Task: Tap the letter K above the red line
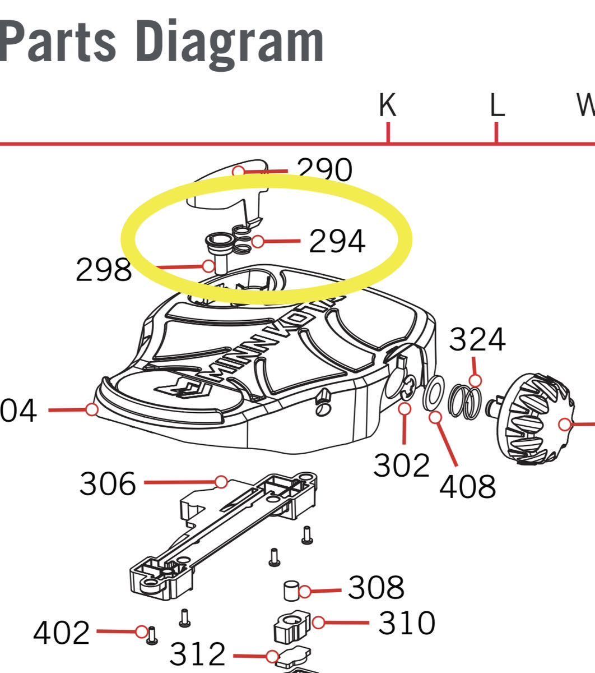click(x=387, y=105)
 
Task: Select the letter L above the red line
click(x=497, y=105)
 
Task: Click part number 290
click(x=325, y=170)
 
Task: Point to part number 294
click(x=337, y=242)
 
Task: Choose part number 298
click(x=104, y=270)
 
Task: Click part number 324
click(x=477, y=339)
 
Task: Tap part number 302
click(x=401, y=465)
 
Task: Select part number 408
click(x=467, y=486)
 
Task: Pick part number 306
click(x=108, y=483)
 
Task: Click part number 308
click(x=376, y=587)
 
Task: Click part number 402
click(x=61, y=633)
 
